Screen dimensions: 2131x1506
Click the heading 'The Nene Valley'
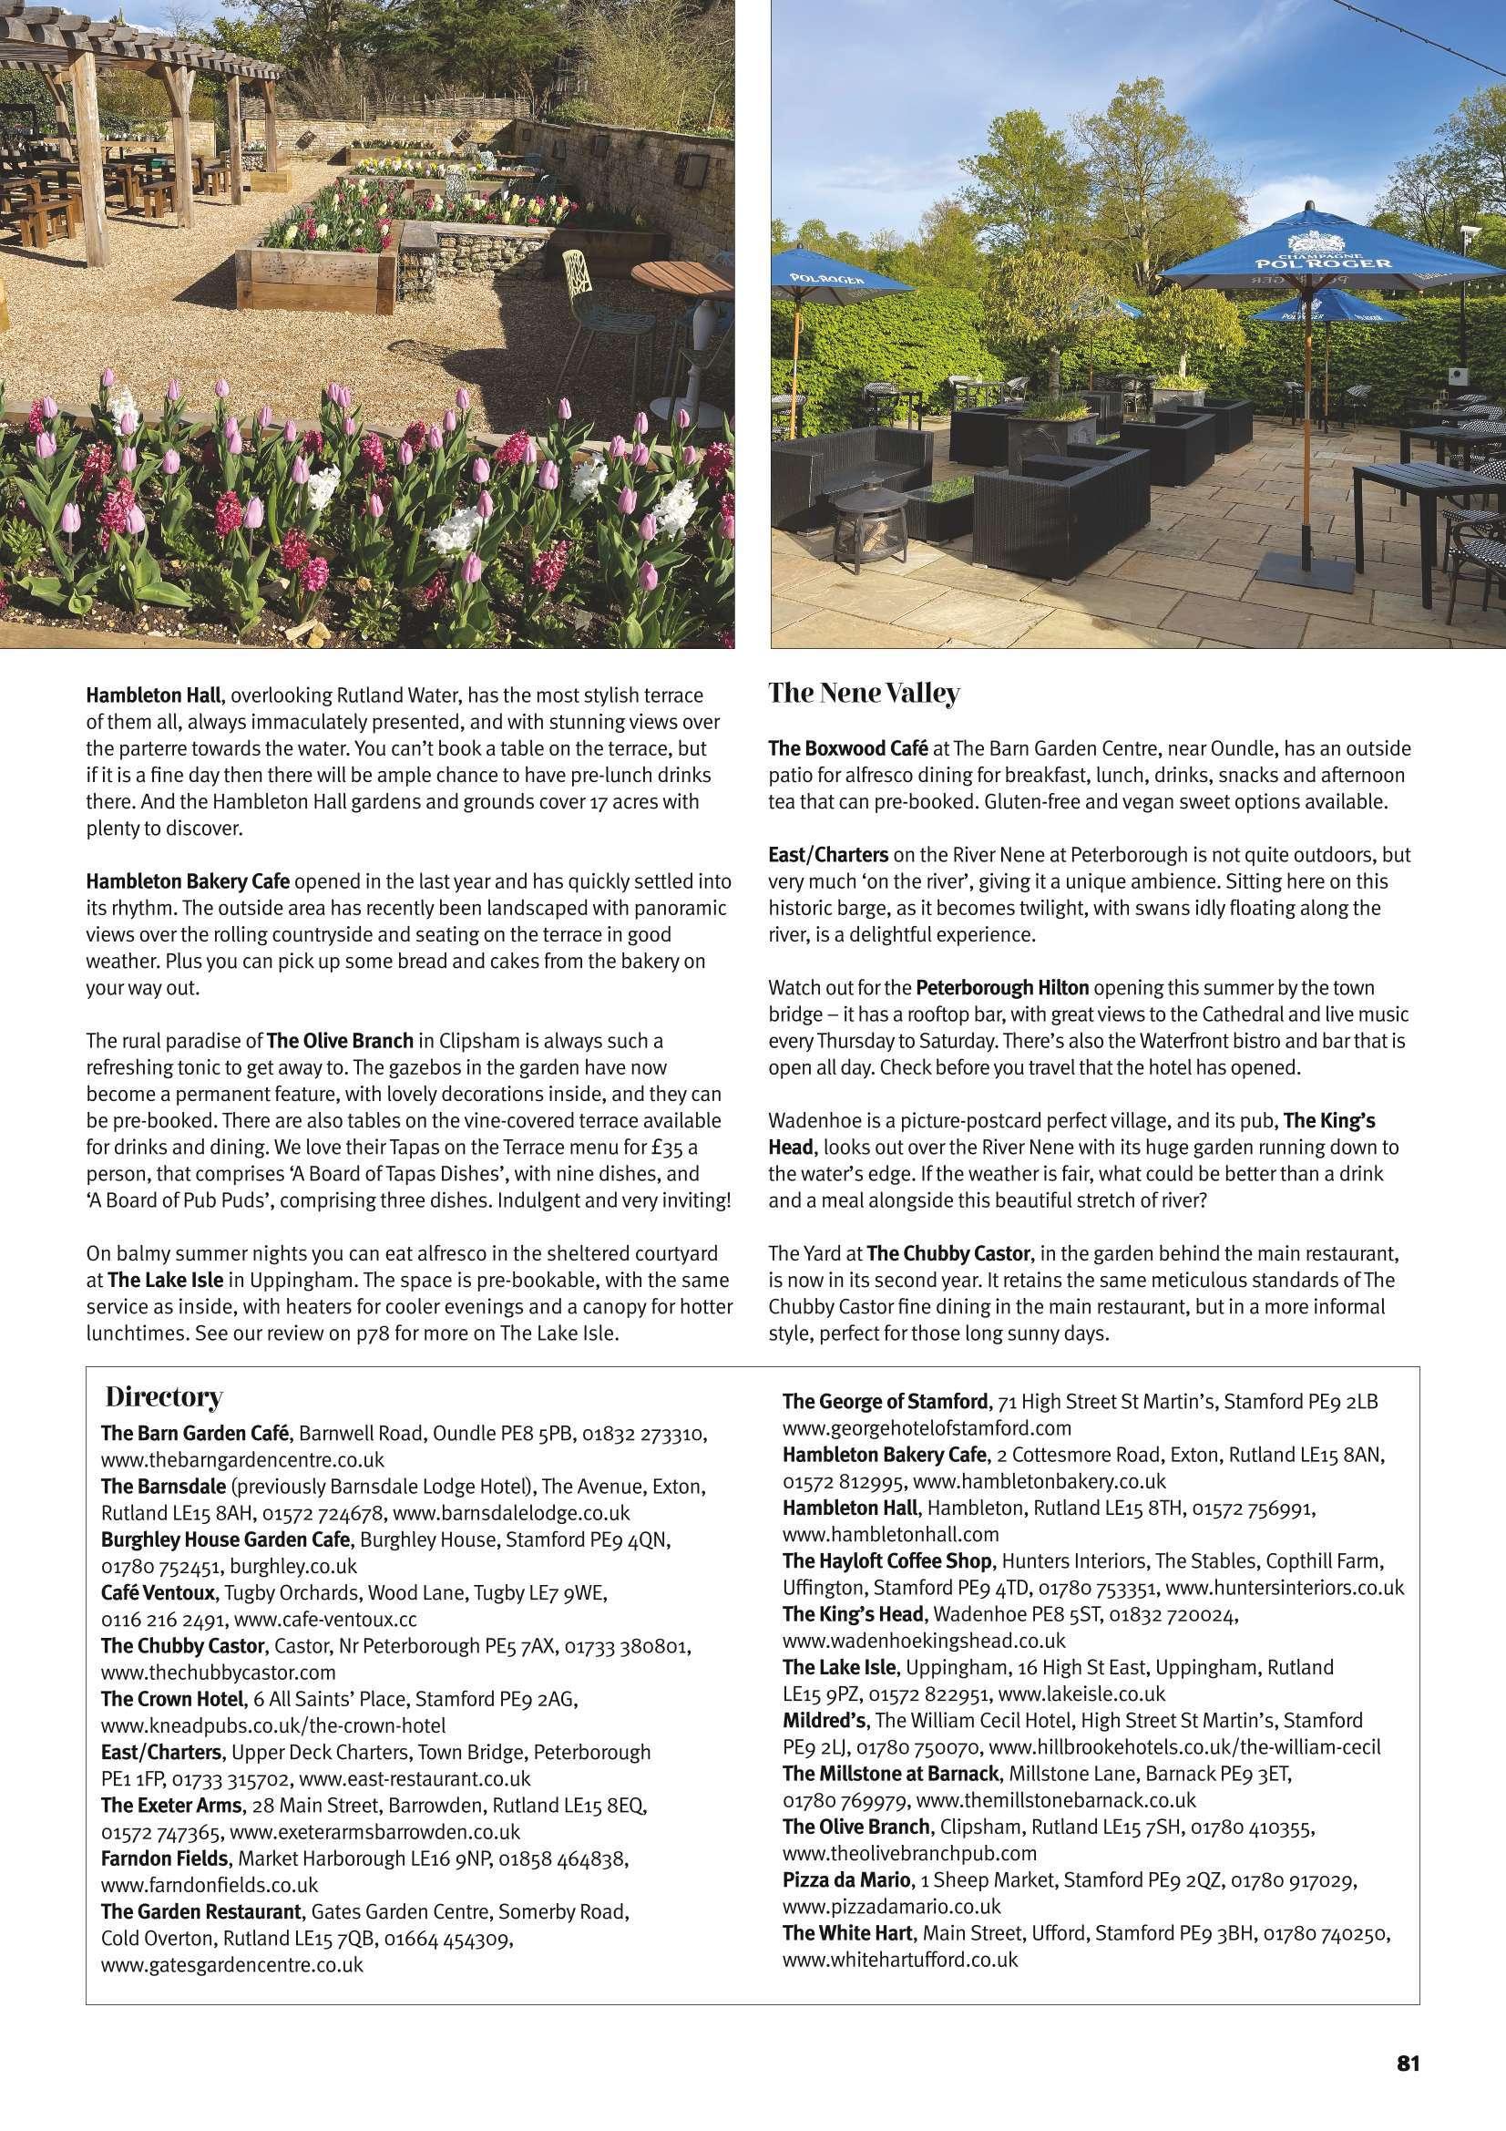(864, 693)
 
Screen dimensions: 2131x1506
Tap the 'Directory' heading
(163, 1396)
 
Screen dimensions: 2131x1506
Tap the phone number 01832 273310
(644, 1433)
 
